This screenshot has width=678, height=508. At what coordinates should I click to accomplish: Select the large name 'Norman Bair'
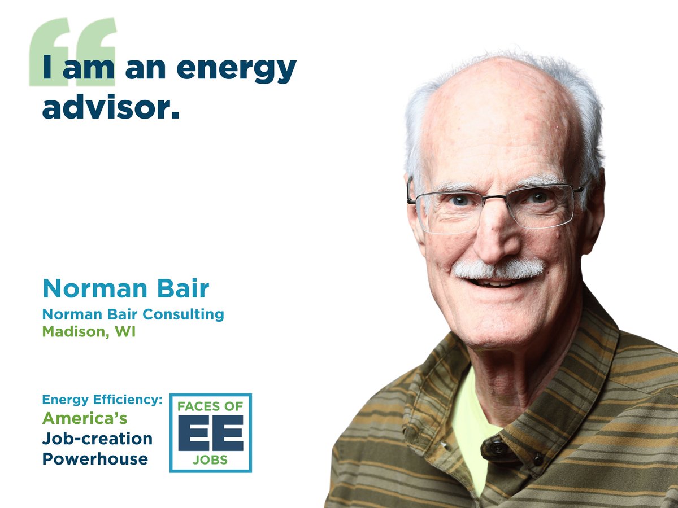125,288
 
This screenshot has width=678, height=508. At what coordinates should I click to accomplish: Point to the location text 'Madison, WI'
89,332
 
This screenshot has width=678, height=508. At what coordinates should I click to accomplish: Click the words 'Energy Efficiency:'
102,400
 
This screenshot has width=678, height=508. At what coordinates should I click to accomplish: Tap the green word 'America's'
85,419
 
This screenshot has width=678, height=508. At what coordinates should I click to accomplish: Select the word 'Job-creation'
97,439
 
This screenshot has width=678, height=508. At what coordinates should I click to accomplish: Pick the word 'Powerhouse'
95,458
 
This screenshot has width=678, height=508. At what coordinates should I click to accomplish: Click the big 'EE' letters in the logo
210,433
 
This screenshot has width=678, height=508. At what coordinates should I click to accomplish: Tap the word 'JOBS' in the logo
210,459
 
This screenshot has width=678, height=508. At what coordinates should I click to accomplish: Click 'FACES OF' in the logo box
210,406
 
